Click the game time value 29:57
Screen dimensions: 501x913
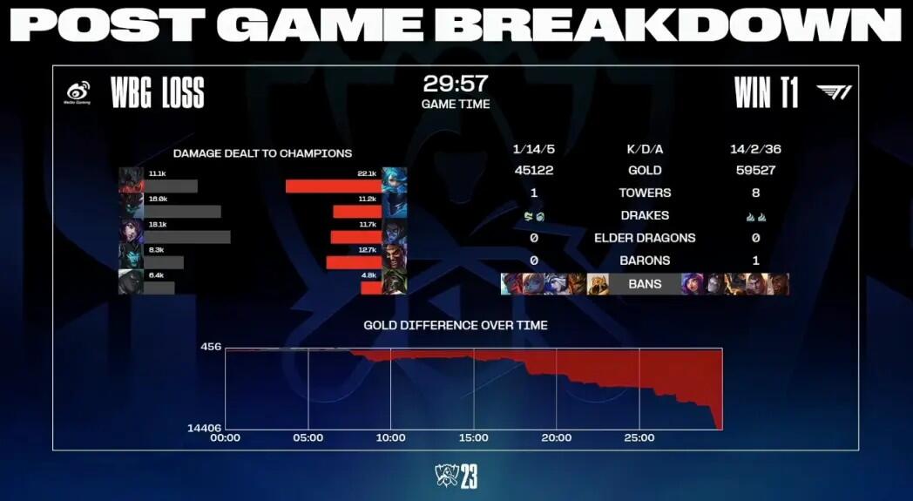(456, 85)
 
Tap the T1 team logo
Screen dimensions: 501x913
(834, 92)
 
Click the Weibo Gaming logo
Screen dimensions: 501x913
(78, 92)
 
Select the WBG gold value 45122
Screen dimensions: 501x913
(534, 170)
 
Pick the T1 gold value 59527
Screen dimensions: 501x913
(754, 170)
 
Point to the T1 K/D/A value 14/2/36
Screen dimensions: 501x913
(754, 148)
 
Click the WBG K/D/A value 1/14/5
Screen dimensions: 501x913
(534, 148)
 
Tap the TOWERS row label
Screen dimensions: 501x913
(645, 193)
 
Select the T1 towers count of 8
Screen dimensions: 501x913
(755, 193)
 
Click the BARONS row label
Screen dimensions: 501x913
(645, 261)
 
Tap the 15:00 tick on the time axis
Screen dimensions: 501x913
(473, 438)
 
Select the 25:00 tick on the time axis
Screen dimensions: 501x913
(639, 438)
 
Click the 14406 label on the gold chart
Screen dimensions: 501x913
(203, 428)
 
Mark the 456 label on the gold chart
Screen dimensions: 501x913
(211, 347)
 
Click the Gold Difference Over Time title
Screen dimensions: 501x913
(456, 325)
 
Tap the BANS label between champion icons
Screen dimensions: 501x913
(645, 284)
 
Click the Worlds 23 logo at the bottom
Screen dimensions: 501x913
(456, 476)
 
